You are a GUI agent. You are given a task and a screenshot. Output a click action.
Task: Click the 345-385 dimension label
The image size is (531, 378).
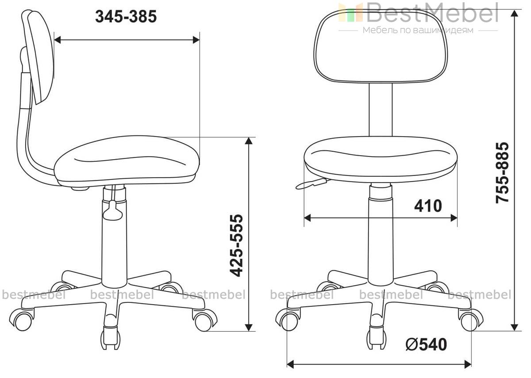(x=126, y=17)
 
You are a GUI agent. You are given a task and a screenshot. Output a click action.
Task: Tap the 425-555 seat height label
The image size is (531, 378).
(x=237, y=246)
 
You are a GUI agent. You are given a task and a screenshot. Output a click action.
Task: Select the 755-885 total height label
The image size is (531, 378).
(x=502, y=172)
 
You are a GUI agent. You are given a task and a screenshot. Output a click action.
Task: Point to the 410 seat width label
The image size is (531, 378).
(x=428, y=206)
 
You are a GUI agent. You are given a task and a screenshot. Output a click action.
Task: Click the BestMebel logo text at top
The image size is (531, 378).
(x=432, y=12)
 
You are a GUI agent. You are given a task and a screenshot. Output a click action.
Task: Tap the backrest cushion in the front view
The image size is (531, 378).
(x=381, y=46)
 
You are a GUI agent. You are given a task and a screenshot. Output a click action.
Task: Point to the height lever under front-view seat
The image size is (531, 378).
(x=311, y=184)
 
